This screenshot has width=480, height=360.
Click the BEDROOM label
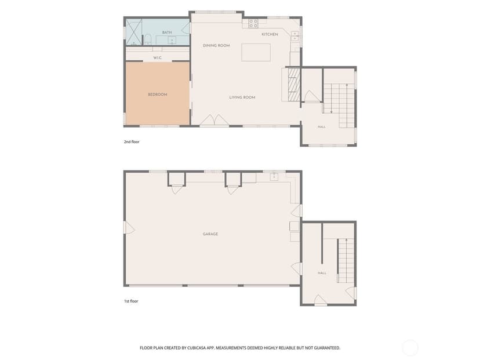158,94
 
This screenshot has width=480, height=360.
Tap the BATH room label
167,32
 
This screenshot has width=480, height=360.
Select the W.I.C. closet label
158,58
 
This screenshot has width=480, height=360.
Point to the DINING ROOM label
216,46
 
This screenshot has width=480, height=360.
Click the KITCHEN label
270,34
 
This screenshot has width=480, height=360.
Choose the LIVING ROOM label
242,97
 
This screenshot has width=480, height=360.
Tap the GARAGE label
210,234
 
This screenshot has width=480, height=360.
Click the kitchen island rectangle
256,52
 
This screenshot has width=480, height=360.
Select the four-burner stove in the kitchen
253,24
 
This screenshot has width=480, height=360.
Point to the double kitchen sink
295,36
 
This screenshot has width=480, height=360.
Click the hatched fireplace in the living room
294,85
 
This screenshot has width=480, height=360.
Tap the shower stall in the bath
134,32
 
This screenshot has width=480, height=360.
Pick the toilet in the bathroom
148,39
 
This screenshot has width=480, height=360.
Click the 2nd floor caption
132,141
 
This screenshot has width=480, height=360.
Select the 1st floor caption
131,301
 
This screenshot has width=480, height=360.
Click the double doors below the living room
214,120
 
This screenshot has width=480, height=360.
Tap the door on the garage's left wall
129,228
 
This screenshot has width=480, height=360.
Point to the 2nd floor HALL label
321,127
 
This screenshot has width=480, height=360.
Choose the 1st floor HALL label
322,273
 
